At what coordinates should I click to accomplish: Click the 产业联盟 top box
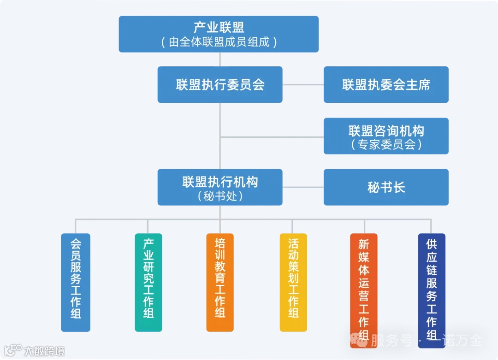point(219,34)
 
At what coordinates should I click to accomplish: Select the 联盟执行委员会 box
point(220,84)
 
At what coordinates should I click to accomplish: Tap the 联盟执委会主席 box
point(386,84)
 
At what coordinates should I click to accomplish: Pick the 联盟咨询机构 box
point(386,136)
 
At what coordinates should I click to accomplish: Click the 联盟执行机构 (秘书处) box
point(220,187)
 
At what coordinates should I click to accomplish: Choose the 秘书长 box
point(386,187)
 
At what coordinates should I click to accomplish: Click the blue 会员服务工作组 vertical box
point(76,282)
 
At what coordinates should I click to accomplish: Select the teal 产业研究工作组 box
point(148,282)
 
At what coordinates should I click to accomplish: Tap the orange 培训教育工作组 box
point(220,282)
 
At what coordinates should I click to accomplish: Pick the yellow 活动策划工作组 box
point(293,282)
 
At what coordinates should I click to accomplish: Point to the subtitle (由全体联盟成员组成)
point(219,42)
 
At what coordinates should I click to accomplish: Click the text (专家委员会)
point(386,144)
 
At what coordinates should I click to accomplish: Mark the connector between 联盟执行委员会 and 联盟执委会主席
point(303,85)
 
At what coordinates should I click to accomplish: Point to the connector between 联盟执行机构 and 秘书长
point(303,187)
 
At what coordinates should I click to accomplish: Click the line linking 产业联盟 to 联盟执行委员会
point(220,59)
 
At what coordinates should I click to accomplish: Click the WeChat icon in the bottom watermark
point(359,341)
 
